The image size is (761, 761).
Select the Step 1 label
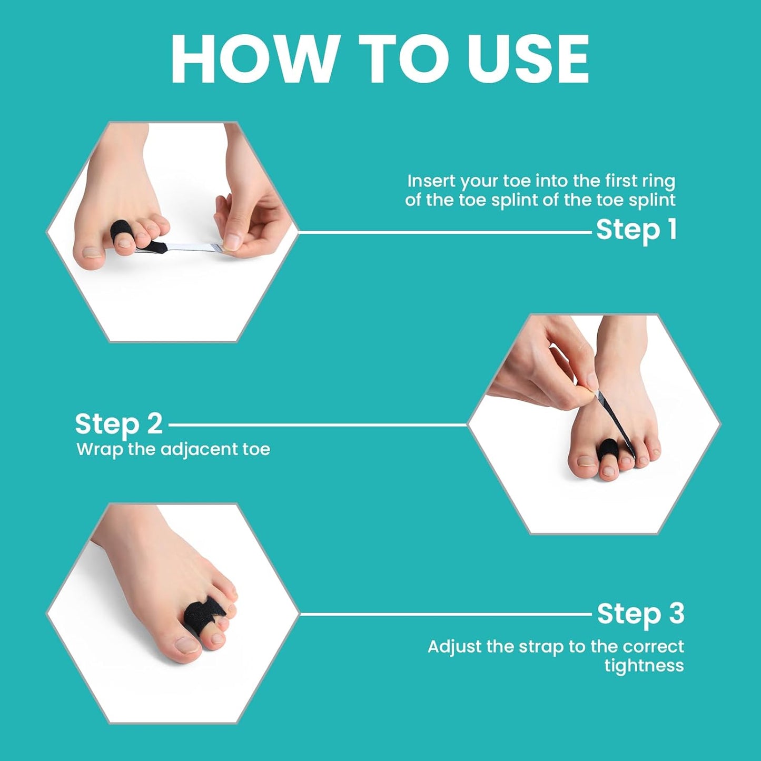(x=636, y=230)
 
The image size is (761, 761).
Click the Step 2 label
(x=118, y=424)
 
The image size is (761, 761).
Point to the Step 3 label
(x=640, y=614)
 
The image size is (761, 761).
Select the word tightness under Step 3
(x=644, y=666)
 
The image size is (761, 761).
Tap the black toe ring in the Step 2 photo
(x=608, y=448)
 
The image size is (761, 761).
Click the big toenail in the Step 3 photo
(x=187, y=645)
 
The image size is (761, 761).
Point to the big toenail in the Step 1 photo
(x=93, y=252)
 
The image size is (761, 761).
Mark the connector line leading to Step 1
(x=445, y=232)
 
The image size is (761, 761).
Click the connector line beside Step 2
(x=316, y=424)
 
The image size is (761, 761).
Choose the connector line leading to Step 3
(x=445, y=614)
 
